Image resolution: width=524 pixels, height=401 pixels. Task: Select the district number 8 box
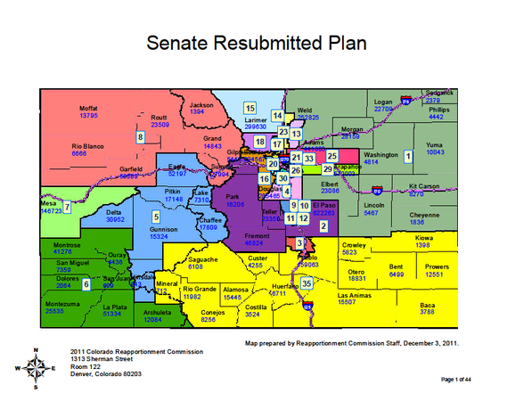tap(140, 136)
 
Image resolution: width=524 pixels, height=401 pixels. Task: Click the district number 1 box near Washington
tap(408, 156)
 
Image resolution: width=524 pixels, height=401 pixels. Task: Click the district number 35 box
tap(307, 283)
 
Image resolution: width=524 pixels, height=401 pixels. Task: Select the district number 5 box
tap(156, 216)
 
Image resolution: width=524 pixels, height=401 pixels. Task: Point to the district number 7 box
tap(67, 207)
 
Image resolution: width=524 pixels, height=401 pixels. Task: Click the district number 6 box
tap(86, 284)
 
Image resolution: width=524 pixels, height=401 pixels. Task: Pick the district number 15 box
tap(250, 108)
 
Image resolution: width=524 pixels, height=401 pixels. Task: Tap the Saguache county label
tap(204, 258)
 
